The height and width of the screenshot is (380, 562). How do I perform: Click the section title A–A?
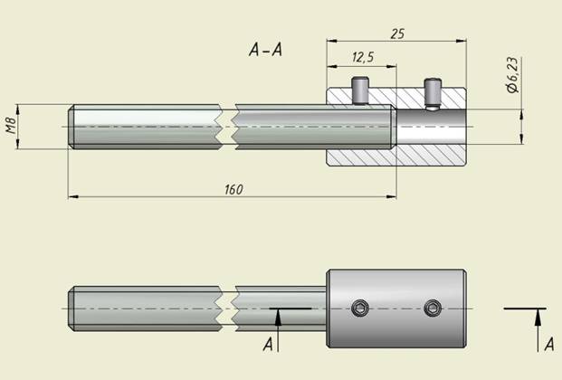coord(265,50)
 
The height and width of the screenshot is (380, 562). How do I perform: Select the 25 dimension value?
coord(397,33)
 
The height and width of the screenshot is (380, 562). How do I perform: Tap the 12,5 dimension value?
coord(363,57)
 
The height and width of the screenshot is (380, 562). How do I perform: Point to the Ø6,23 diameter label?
coord(513,75)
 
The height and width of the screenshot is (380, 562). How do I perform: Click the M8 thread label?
coord(11,126)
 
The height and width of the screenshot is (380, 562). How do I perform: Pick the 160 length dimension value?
coord(233,190)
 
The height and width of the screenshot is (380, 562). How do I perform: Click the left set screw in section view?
coord(360,90)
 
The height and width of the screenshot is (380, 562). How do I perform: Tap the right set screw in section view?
coord(433,93)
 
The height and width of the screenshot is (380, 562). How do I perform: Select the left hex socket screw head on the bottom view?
coord(360,308)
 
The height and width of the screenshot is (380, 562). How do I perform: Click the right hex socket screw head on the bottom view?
coord(433,308)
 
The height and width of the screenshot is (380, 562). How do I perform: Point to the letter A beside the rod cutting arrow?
coord(268,345)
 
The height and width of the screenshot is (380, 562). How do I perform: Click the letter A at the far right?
coord(549,344)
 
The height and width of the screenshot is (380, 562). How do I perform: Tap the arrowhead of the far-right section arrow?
coord(538,318)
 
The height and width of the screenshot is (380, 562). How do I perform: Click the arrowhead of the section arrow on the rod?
coord(278,318)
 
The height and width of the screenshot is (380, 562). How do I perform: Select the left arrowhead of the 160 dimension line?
coord(73,196)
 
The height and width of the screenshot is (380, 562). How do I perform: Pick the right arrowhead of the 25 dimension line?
coord(461,41)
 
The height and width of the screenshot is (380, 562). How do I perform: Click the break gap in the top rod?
coord(227,127)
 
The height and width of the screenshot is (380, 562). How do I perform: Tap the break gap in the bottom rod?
coord(227,309)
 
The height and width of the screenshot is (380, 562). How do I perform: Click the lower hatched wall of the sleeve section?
coord(396,157)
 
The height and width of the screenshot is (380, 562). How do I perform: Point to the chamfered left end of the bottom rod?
coord(71,309)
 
